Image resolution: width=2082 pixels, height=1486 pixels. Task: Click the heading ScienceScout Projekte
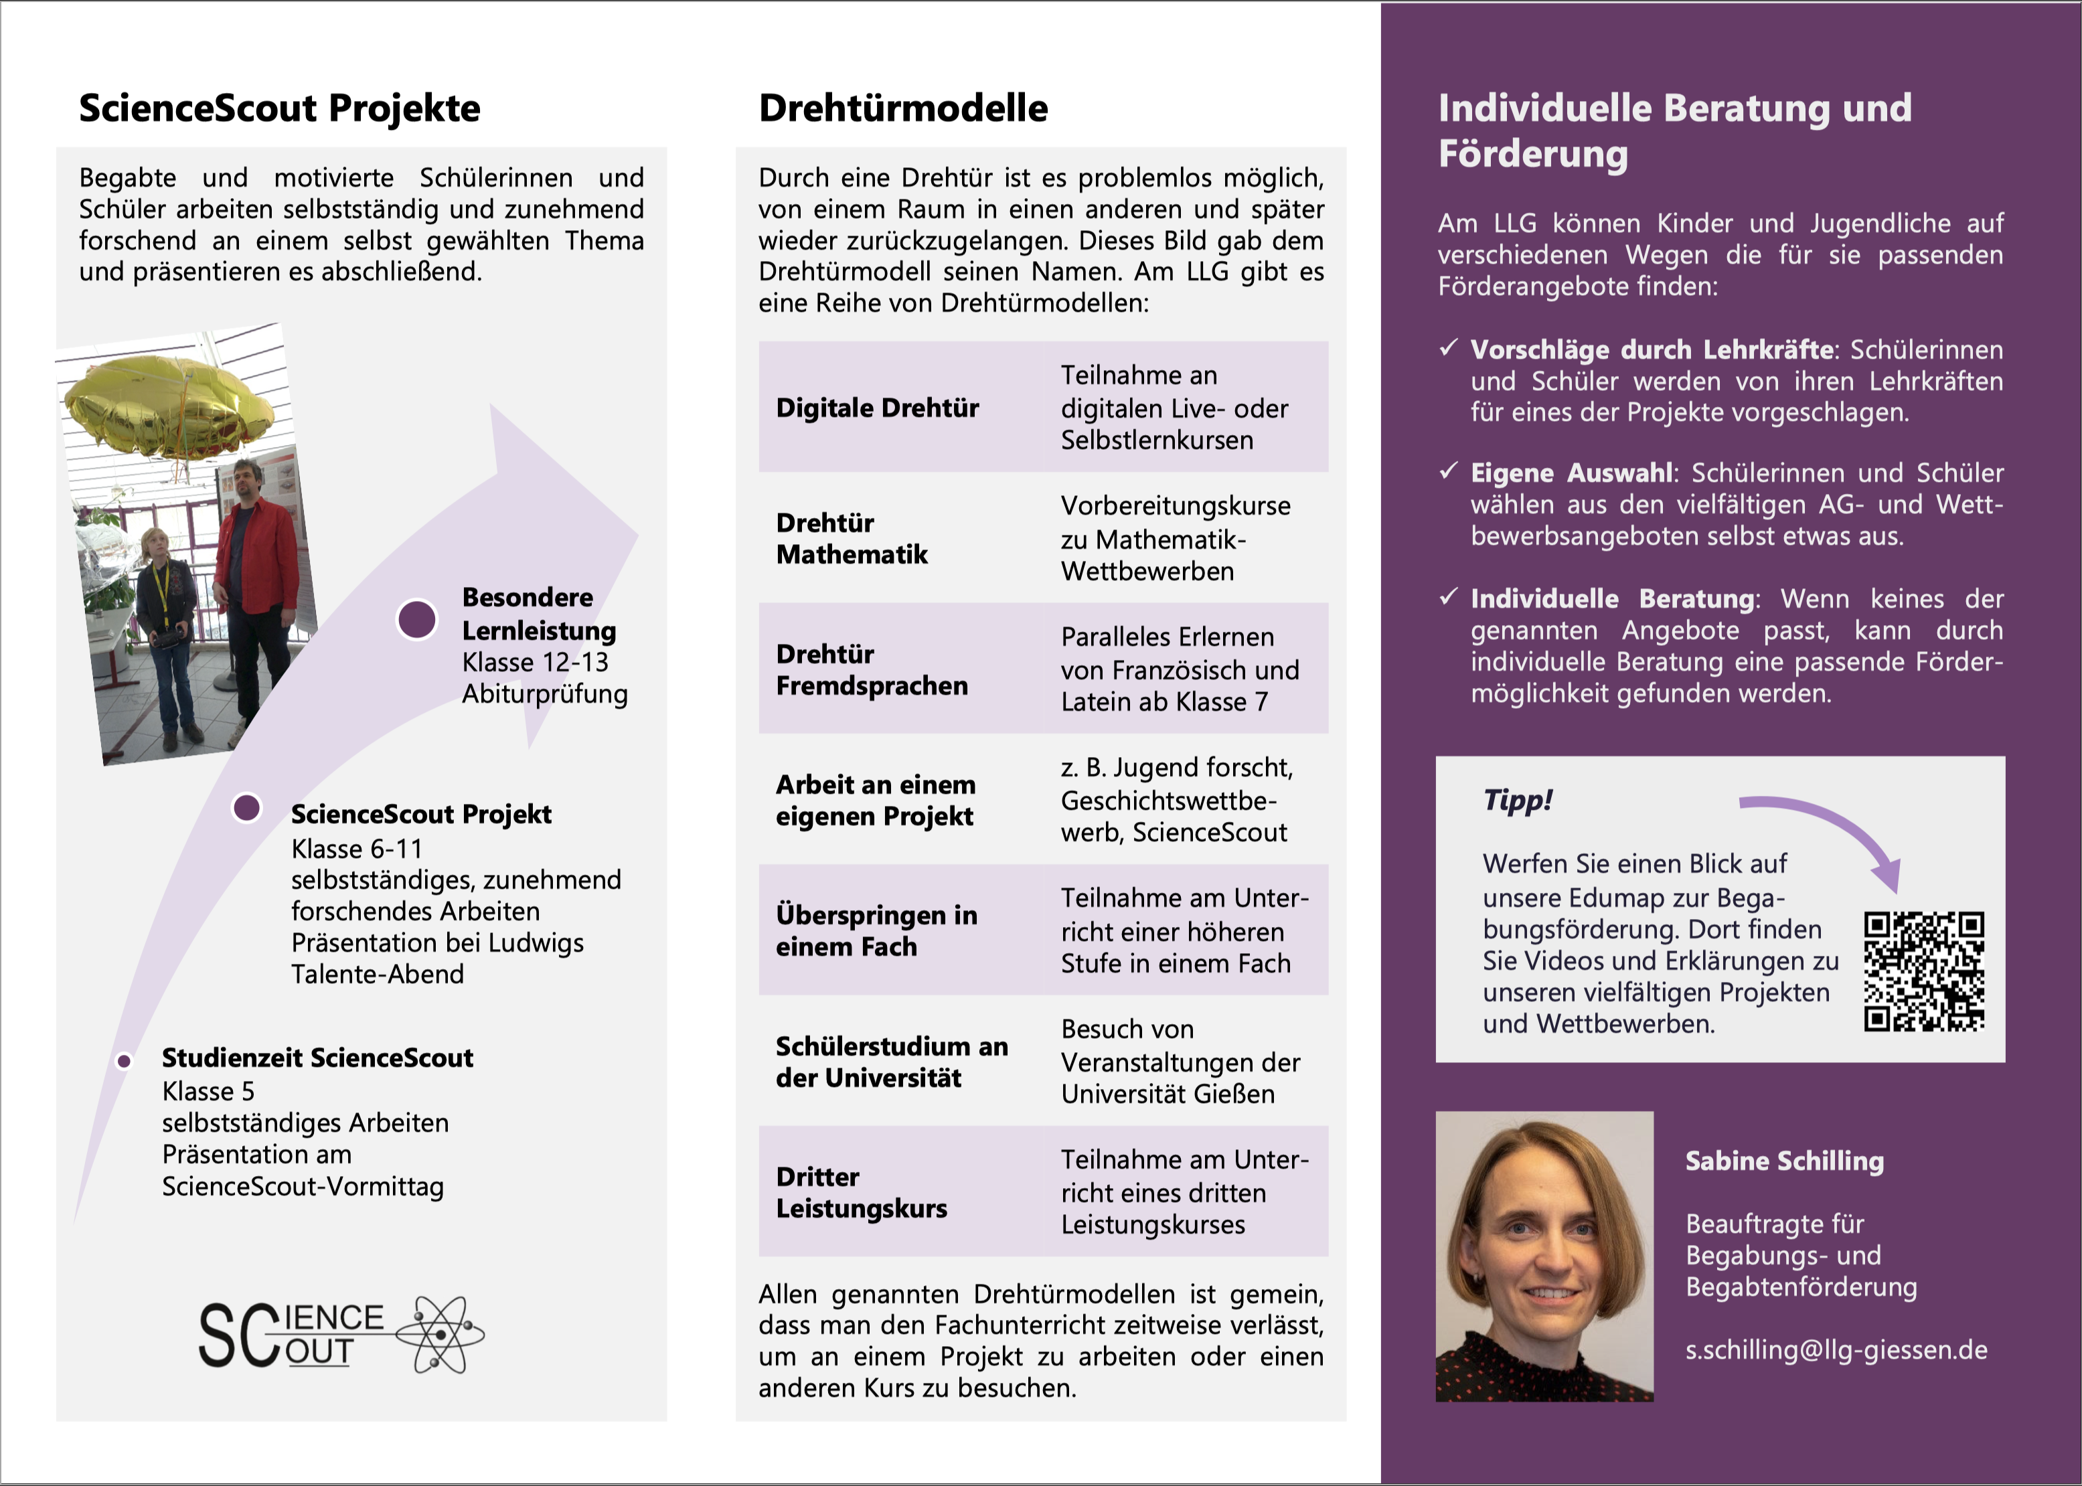click(x=279, y=108)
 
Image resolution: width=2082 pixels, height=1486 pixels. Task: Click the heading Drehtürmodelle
click(x=902, y=108)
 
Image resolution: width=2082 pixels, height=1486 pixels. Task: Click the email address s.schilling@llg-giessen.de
click(x=1836, y=1349)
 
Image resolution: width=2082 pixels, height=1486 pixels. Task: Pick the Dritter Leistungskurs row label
click(x=861, y=1191)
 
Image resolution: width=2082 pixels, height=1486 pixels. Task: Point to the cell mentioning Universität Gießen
click(x=1180, y=1062)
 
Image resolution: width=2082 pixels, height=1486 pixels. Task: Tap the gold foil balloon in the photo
click(x=169, y=407)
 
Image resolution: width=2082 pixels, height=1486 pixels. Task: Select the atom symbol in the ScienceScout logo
click(x=441, y=1334)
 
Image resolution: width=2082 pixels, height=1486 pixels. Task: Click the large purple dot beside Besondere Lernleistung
click(x=416, y=619)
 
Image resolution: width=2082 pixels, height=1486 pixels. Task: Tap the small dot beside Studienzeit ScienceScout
click(x=124, y=1060)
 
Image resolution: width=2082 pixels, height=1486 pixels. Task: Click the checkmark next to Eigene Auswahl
click(x=1448, y=471)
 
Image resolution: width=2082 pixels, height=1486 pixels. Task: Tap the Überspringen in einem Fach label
click(x=876, y=930)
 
